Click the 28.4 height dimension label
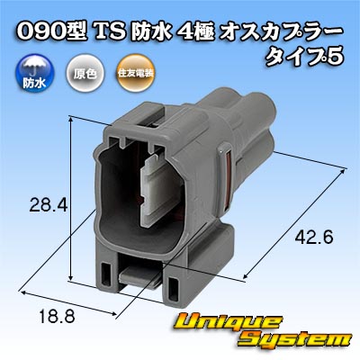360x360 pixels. [47, 206]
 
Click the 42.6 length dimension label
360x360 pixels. [314, 238]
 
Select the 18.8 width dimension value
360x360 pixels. [58, 316]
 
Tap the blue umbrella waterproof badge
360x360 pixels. [34, 74]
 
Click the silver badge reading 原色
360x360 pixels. [85, 74]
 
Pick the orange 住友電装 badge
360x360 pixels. [136, 74]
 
